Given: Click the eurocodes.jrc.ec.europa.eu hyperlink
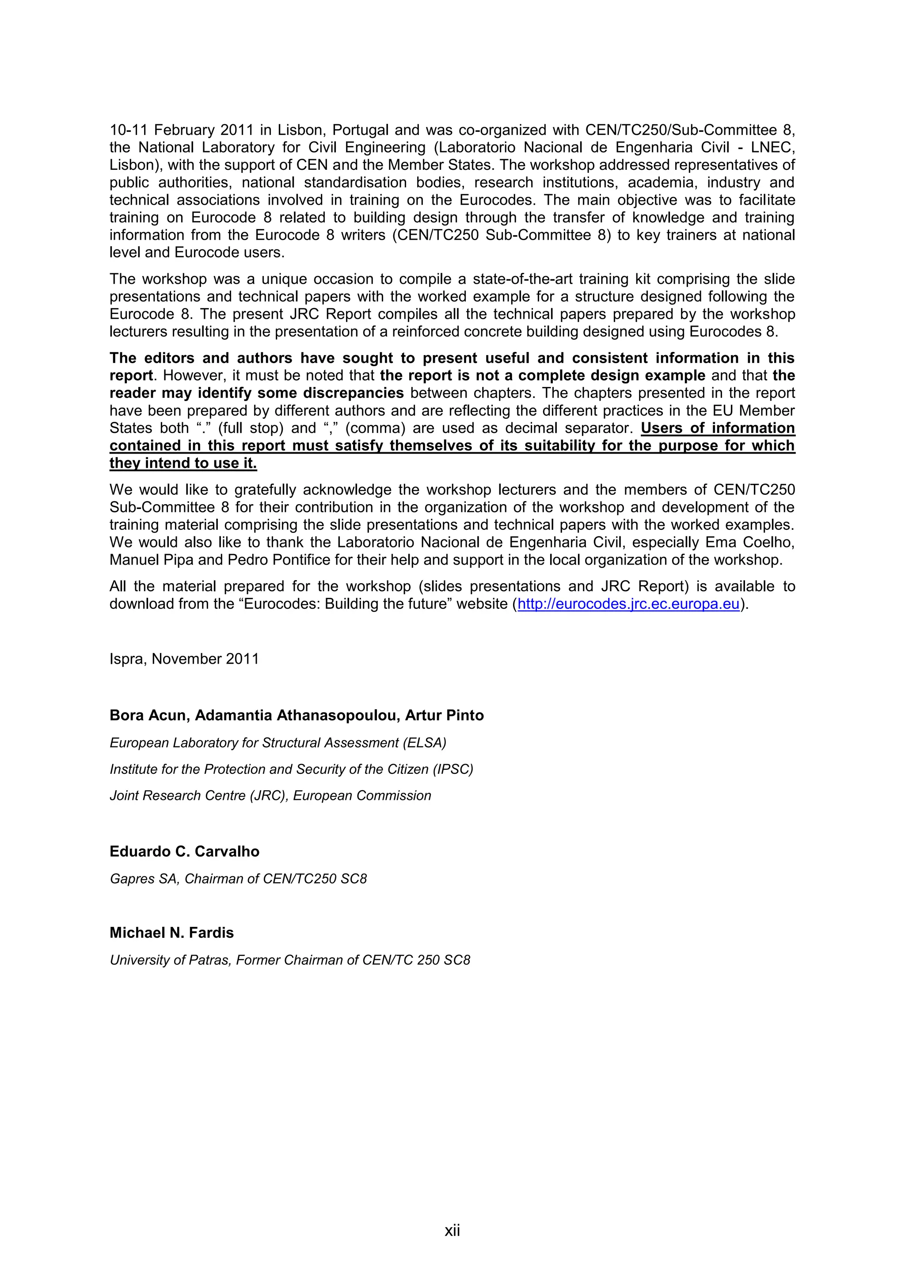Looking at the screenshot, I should pyautogui.click(x=628, y=604).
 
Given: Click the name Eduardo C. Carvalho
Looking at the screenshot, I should pyautogui.click(x=185, y=851).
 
